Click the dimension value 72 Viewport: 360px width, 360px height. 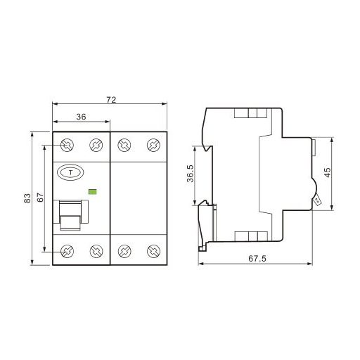pyautogui.click(x=111, y=100)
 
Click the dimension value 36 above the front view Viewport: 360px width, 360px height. pyautogui.click(x=82, y=117)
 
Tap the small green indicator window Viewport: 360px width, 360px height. pyautogui.click(x=92, y=190)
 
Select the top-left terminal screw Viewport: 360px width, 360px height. pyautogui.click(x=68, y=146)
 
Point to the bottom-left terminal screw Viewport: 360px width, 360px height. pyautogui.click(x=68, y=250)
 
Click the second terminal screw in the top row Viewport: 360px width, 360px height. pyautogui.click(x=96, y=146)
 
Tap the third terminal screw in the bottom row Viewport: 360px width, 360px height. pyautogui.click(x=124, y=250)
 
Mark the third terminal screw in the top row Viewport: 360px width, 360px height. pyautogui.click(x=124, y=146)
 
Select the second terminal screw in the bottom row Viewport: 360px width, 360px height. pyautogui.click(x=96, y=250)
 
